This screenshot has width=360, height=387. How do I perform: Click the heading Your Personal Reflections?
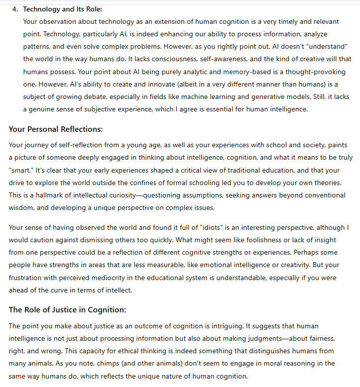tap(56, 129)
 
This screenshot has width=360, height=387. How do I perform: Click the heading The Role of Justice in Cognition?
tap(67, 310)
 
